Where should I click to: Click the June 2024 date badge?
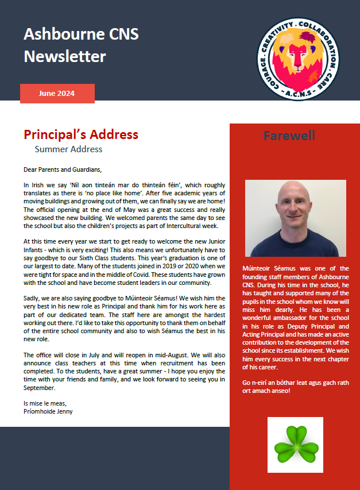57,93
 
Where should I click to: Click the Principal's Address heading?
81,134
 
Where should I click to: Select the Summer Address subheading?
68,149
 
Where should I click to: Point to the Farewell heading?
289,136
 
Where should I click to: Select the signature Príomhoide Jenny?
48,411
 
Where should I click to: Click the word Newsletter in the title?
65,56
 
